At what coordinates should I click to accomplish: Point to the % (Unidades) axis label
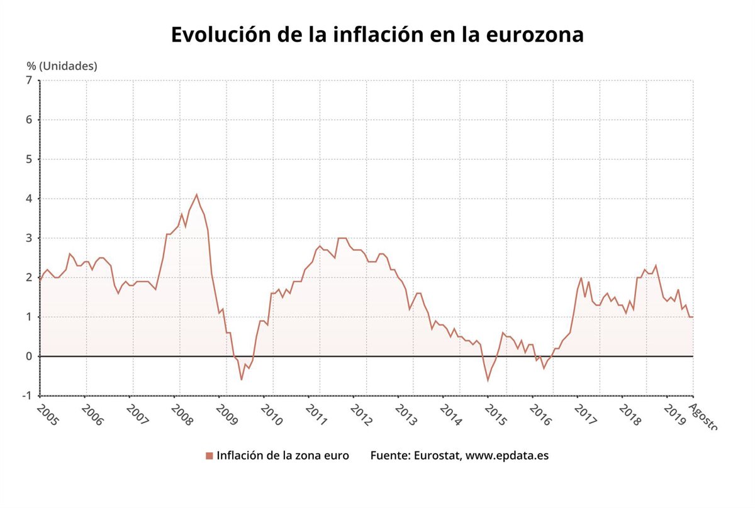[62, 65]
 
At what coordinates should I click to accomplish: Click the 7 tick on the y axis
[28, 80]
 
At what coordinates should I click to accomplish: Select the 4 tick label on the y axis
[28, 199]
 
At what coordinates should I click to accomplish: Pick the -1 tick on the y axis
[26, 395]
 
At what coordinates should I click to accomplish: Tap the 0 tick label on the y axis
[28, 356]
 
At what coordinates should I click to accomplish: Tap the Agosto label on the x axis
[703, 417]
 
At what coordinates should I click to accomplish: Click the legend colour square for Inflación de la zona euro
[210, 456]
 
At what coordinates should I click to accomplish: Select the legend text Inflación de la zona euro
[282, 455]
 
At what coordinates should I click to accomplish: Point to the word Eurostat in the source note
[437, 455]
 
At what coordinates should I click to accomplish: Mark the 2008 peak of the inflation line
[196, 194]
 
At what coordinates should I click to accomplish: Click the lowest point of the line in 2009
[241, 380]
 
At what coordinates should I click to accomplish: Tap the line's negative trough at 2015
[488, 380]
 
